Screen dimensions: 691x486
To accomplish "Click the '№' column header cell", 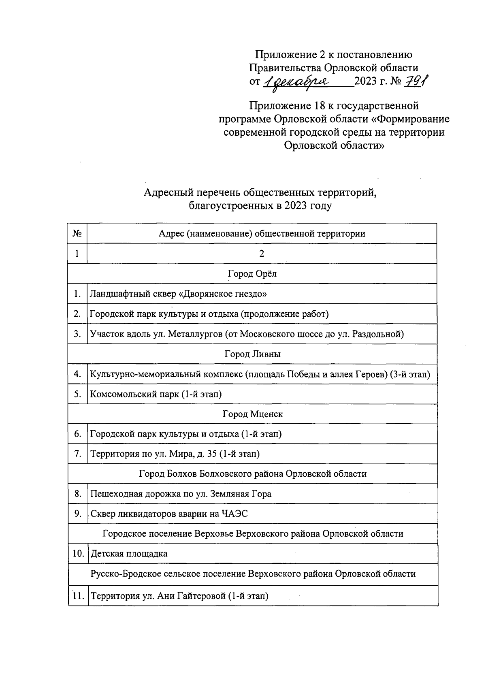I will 77,233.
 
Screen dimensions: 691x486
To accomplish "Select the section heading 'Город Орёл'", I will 252,274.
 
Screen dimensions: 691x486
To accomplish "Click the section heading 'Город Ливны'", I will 252,354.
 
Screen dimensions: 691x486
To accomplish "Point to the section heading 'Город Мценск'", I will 252,414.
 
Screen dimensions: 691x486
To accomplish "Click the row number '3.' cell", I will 77,334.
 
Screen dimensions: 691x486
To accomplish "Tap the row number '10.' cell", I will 78,554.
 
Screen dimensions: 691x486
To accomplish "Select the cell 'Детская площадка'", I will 129,554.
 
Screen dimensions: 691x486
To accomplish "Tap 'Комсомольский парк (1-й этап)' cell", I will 156,394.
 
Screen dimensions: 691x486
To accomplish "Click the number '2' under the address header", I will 262,254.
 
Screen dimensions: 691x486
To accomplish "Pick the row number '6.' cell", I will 77,434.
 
